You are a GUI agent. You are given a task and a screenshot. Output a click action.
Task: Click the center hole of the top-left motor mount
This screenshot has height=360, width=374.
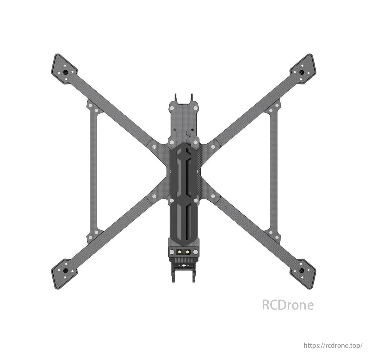tap(65, 72)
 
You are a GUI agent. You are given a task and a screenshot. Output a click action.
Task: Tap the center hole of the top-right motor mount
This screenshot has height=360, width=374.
tap(301, 72)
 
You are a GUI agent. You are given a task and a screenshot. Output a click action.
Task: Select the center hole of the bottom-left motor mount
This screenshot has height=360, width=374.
tap(65, 271)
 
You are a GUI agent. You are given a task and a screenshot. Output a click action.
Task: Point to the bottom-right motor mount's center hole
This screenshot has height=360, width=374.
tap(301, 271)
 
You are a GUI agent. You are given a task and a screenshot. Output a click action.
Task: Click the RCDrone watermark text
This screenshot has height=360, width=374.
tap(288, 305)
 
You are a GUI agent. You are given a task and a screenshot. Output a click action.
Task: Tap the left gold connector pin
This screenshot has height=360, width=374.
tap(180, 252)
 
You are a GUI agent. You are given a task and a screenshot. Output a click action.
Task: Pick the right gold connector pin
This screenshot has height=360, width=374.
tap(187, 252)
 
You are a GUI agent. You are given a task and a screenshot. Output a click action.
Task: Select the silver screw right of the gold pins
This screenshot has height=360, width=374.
tap(195, 252)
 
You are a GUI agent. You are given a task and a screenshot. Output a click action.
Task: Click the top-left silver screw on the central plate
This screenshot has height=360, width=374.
tap(171, 108)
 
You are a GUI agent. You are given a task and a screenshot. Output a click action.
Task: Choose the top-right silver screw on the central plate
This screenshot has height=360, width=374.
tap(195, 108)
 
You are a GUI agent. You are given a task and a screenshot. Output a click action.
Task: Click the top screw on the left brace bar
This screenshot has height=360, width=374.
tap(90, 106)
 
